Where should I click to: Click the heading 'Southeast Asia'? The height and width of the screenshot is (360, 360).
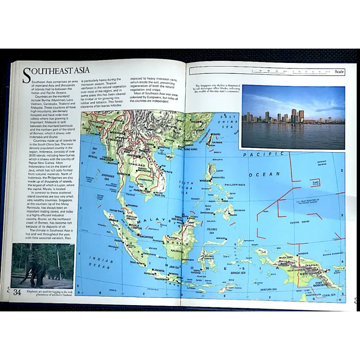56,72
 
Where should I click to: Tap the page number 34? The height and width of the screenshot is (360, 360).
17,292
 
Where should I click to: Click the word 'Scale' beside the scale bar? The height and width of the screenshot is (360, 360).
339,72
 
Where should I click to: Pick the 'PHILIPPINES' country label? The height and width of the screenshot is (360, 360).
235,184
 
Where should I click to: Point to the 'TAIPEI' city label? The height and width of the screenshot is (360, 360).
216,134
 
